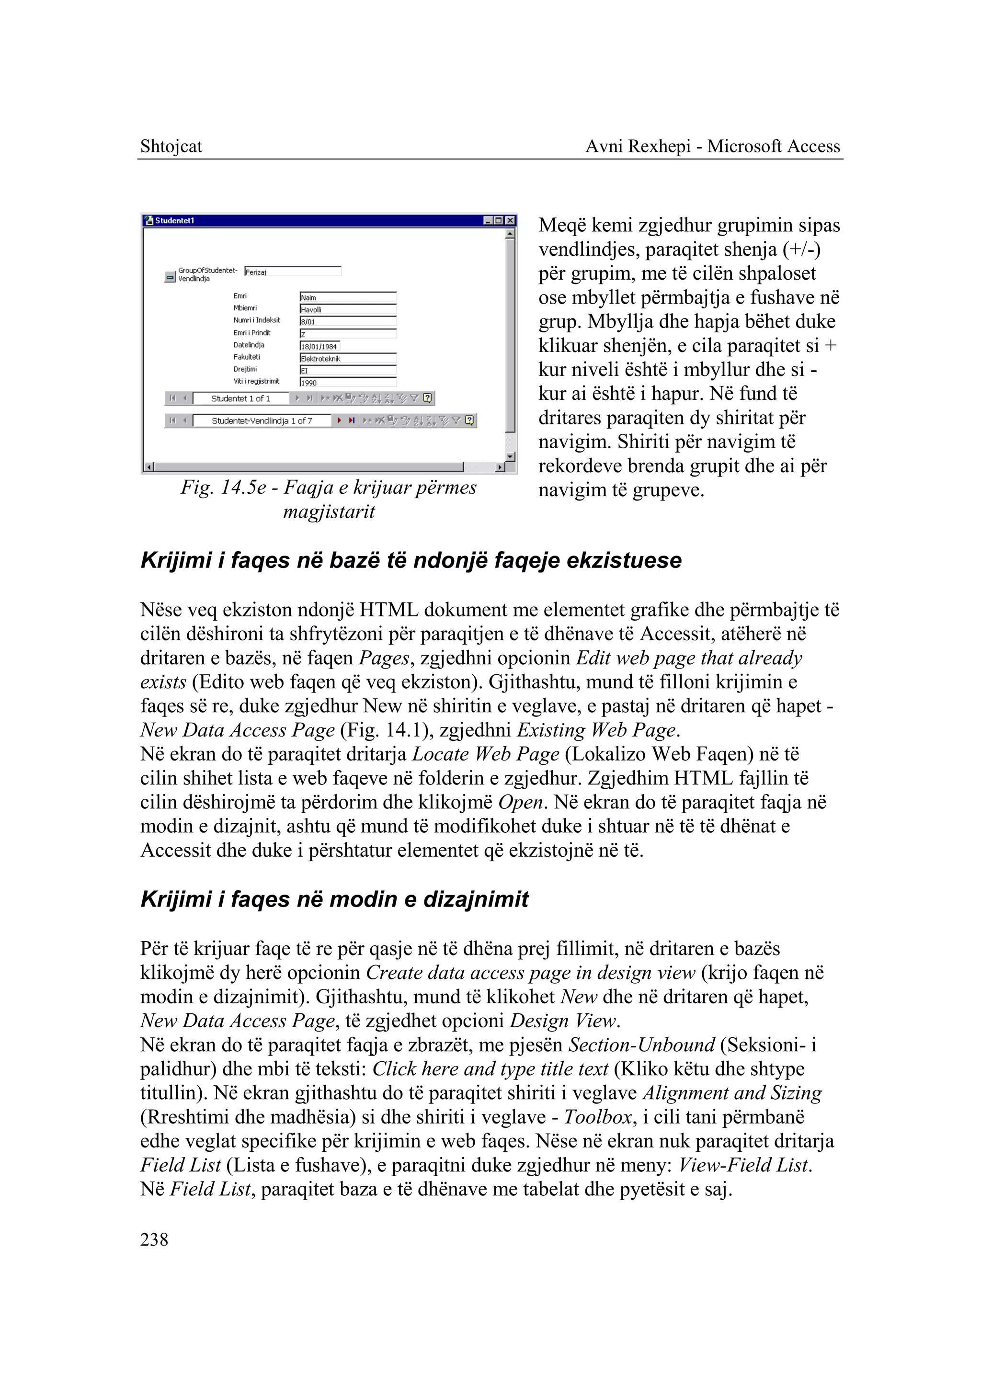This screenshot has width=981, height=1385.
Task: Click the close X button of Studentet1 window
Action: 511,220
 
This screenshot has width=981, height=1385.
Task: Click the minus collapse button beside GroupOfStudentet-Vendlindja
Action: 170,277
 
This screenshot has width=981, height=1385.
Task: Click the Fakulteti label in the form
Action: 247,357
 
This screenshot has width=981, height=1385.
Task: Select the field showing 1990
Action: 348,382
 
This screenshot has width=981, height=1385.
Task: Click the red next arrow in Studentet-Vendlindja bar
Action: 340,420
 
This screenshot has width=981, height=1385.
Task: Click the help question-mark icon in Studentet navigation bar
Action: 428,398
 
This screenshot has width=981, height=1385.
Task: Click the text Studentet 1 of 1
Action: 240,398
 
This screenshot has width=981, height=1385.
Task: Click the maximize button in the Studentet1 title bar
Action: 500,220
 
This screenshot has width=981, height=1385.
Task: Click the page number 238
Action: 154,1239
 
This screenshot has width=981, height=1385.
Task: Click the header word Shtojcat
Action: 171,146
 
